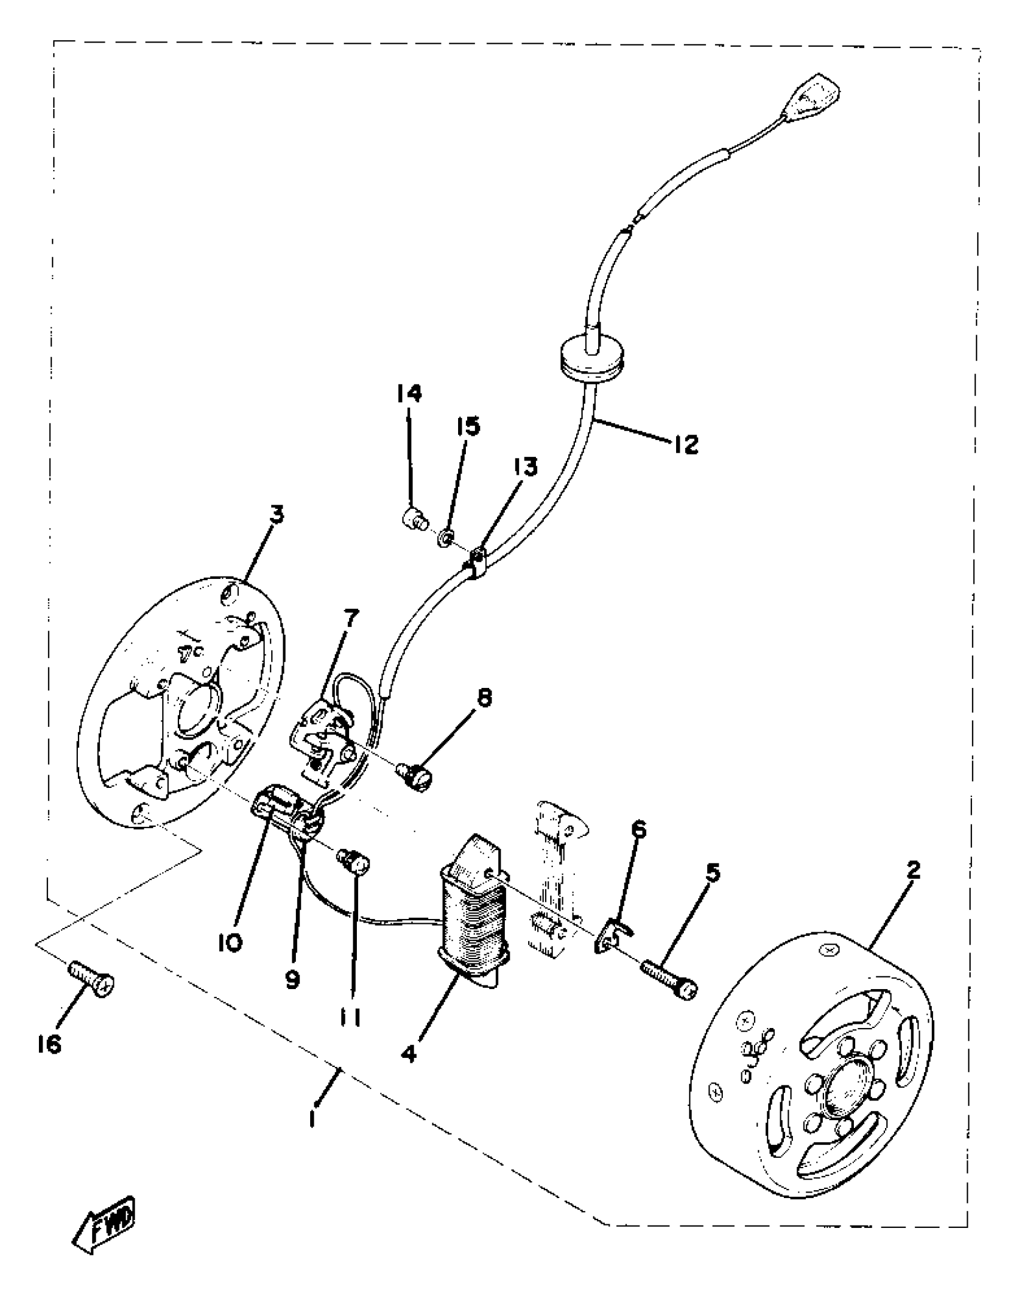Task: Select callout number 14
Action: tap(409, 393)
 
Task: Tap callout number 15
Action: tap(468, 426)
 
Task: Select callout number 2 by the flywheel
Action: tap(912, 870)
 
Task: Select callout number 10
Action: tap(229, 943)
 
